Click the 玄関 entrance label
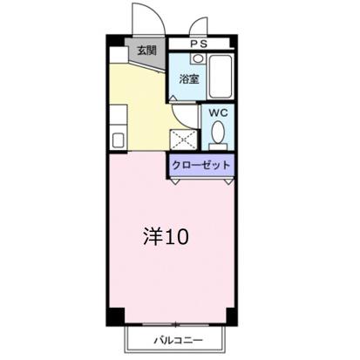pyautogui.click(x=146, y=50)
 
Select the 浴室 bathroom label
pyautogui.click(x=189, y=79)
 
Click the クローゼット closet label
pyautogui.click(x=201, y=164)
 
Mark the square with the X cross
pyautogui.click(x=183, y=140)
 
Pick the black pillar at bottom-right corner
pyautogui.click(x=231, y=316)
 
